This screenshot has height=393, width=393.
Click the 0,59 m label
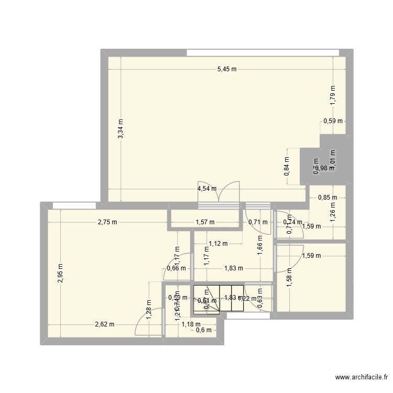333,121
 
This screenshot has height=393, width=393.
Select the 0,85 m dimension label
328,198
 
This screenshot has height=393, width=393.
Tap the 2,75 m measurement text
107,222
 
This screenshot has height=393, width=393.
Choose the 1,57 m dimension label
205,222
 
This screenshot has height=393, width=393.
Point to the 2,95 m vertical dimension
61,273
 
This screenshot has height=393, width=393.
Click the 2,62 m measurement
105,324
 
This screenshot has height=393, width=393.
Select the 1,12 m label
218,243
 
